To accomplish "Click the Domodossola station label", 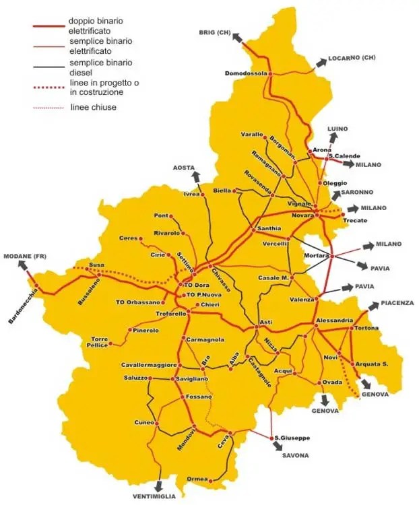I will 246,73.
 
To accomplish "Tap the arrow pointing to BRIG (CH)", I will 236,40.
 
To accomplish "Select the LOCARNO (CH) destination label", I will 352,58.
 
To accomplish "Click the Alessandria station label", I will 333,320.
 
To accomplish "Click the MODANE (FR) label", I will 24,257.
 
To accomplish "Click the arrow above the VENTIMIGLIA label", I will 158,483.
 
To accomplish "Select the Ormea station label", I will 197,480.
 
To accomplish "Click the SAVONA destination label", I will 294,456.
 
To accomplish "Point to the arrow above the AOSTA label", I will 195,177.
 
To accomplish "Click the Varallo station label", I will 251,135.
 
